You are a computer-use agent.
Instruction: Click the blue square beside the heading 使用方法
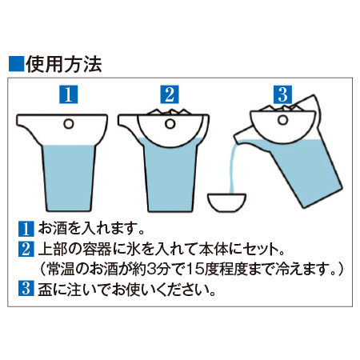click(17, 64)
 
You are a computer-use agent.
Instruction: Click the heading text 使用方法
click(64, 64)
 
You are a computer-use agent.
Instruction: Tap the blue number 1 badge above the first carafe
click(69, 94)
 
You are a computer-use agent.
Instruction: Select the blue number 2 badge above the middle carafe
click(170, 94)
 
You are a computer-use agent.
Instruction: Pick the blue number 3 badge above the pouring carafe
click(282, 94)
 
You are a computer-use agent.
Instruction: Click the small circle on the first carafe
click(69, 124)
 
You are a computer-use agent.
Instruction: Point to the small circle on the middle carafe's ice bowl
click(170, 124)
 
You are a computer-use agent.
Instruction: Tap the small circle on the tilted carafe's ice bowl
click(283, 120)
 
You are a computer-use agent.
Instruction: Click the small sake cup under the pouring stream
click(227, 202)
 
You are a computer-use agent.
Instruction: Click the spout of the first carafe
click(26, 125)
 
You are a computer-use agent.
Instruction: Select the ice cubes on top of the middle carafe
click(170, 112)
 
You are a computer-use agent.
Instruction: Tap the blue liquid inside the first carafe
click(69, 178)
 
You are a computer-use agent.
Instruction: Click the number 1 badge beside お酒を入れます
click(26, 229)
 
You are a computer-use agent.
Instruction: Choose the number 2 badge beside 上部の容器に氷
click(26, 249)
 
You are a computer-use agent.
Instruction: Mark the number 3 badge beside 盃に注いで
click(26, 288)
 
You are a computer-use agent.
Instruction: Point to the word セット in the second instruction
click(258, 249)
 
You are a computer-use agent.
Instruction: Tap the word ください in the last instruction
click(182, 289)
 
